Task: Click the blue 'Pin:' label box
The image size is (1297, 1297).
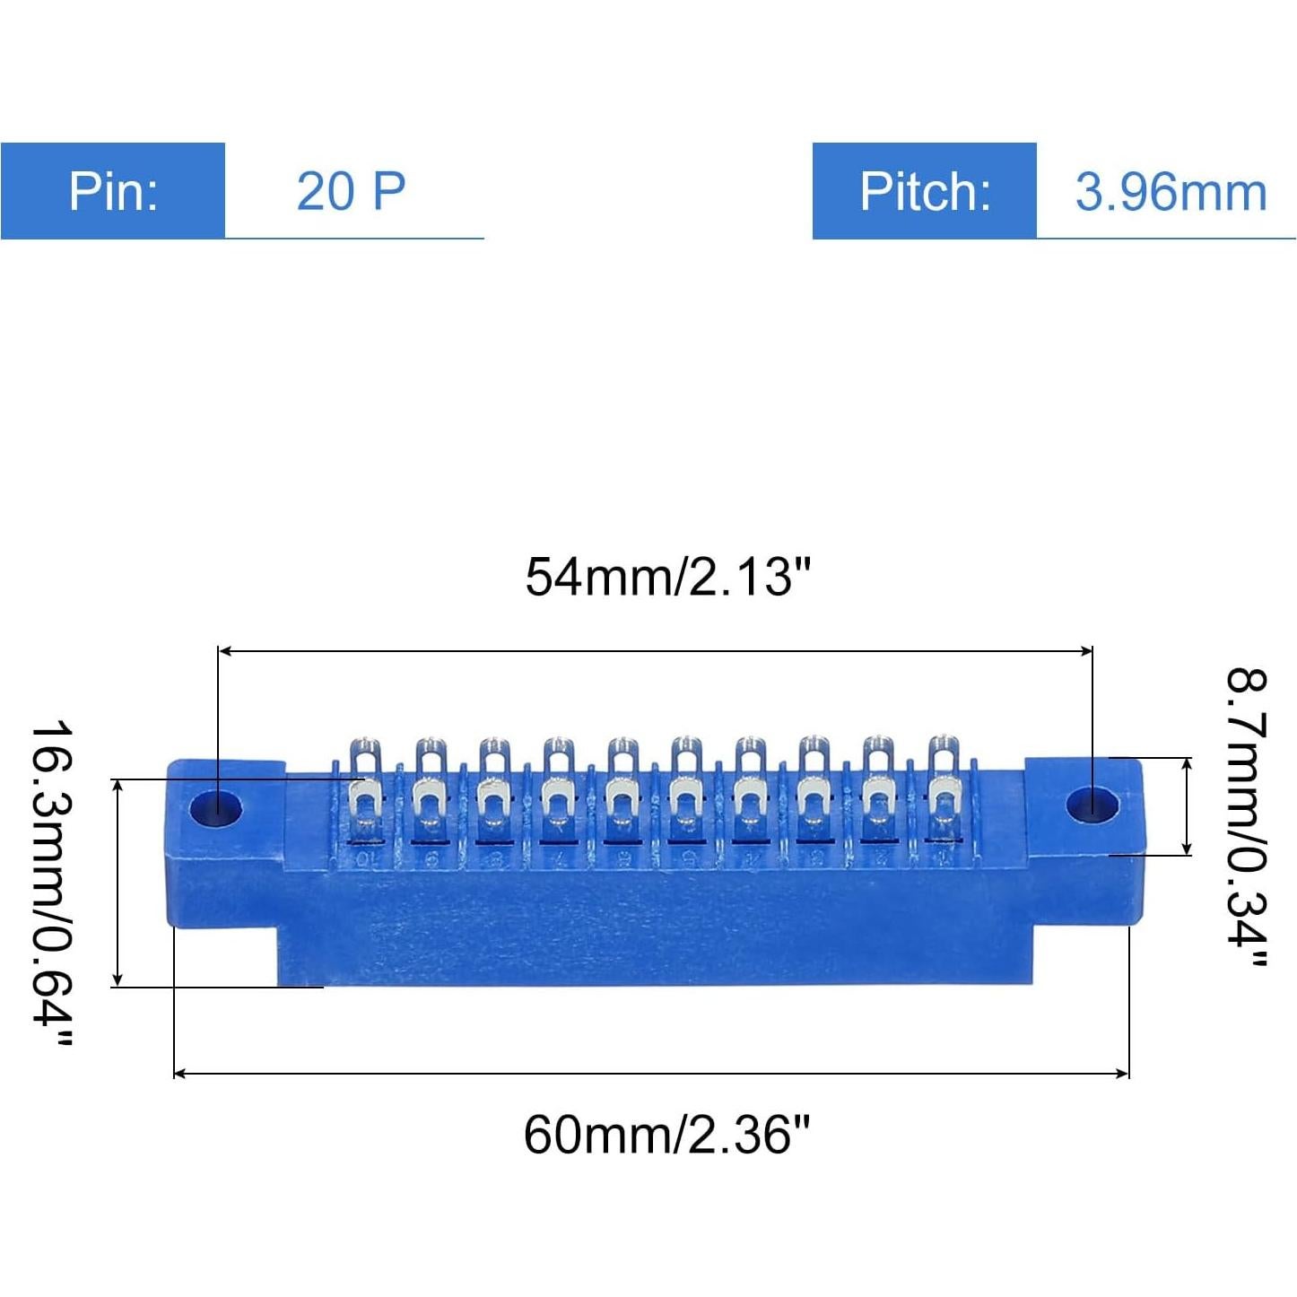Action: click(x=112, y=191)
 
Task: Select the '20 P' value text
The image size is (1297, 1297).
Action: click(x=351, y=191)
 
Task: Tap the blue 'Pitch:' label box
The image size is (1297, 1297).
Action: click(x=924, y=191)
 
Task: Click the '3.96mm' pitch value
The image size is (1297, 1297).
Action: click(x=1171, y=192)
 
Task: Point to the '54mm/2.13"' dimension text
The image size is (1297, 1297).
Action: click(x=667, y=576)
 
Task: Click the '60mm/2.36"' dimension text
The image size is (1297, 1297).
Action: click(x=666, y=1135)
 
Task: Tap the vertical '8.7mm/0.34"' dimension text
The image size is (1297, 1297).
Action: click(x=1247, y=817)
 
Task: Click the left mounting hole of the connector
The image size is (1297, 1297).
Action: click(x=216, y=807)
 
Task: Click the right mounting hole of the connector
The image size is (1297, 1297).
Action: click(x=1092, y=805)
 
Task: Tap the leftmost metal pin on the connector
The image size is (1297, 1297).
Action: click(x=366, y=789)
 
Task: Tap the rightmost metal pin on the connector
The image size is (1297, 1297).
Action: click(x=943, y=789)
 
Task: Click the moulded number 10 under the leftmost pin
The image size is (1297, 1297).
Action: click(x=365, y=859)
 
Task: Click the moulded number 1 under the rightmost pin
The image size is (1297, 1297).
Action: click(x=943, y=858)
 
